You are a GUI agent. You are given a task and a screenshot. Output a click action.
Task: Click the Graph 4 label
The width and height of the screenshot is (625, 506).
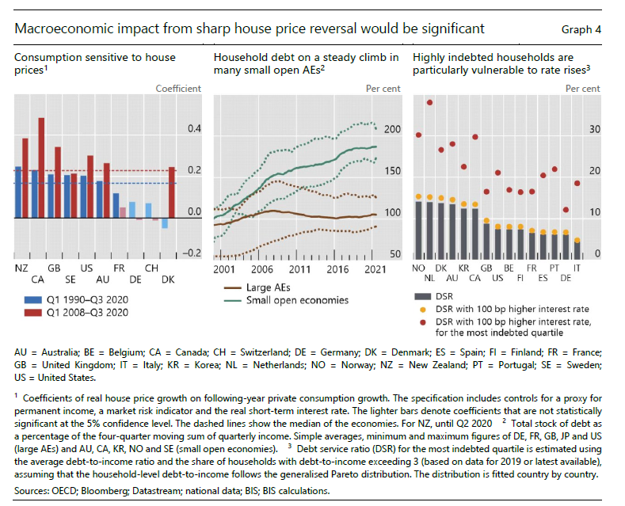(x=581, y=29)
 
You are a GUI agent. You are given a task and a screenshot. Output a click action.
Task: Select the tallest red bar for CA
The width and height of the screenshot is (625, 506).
(x=41, y=167)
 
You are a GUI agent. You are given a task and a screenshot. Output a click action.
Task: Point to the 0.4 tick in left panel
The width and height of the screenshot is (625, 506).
(x=192, y=129)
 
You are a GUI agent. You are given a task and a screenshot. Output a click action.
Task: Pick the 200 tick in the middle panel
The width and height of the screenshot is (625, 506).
(x=391, y=129)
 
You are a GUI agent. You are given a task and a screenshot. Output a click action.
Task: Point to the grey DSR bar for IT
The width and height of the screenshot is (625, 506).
(x=577, y=249)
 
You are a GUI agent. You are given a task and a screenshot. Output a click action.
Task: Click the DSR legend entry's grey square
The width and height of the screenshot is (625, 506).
(x=420, y=296)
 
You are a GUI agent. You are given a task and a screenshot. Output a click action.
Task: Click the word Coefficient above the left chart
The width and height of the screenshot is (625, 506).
(x=178, y=88)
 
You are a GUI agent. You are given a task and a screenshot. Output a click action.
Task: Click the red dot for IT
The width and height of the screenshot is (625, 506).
(x=577, y=183)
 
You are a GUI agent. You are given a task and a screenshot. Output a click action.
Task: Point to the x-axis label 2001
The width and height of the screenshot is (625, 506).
(x=224, y=269)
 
